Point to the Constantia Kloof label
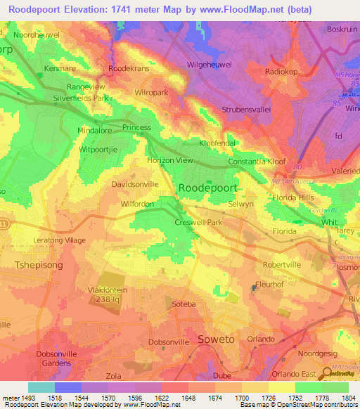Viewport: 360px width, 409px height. (257, 162)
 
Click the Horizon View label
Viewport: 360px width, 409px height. (169, 160)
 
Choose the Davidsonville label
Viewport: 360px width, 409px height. (135, 184)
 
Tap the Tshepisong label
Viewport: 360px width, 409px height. (40, 265)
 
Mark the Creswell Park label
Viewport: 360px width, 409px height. (198, 222)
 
